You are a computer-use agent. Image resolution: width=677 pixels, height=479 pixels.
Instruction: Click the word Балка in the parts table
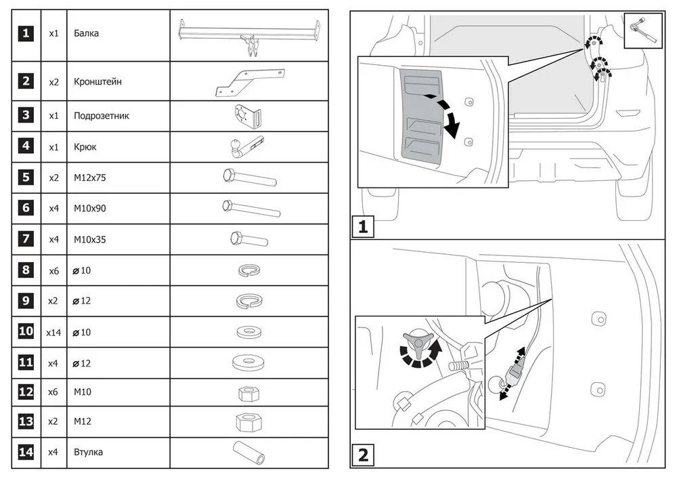pos(86,33)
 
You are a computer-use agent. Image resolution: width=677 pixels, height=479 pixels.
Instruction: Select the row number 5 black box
pos(26,178)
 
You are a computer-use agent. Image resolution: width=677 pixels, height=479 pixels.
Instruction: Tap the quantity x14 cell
pos(54,333)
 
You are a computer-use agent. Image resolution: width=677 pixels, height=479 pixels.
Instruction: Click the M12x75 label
pos(89,178)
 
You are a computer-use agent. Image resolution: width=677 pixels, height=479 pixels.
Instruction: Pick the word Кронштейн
pos(97,82)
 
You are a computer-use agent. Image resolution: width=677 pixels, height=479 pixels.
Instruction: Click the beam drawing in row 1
pos(248,33)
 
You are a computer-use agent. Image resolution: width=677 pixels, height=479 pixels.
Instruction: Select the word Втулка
pos(88,452)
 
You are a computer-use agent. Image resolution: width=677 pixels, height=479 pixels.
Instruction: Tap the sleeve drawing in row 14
pos(249,451)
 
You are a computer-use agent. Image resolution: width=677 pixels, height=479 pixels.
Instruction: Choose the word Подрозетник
pos(101,116)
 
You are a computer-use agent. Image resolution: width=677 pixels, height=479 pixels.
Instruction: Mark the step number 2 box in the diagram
pos(363,455)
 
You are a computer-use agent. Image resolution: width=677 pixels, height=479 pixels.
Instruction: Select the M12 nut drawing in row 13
pos(248,421)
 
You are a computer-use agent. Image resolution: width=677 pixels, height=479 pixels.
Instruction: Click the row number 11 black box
pos(26,362)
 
